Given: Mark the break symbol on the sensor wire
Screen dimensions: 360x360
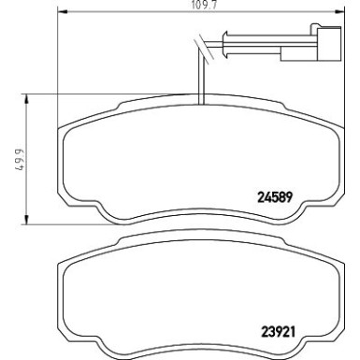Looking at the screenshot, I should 200,44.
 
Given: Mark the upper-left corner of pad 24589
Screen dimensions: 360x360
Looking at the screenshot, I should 68,128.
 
